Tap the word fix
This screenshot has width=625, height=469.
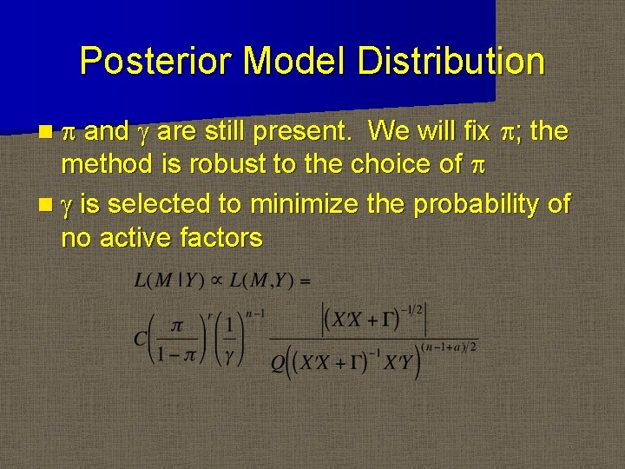coord(477,132)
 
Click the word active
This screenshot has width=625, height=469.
coord(138,237)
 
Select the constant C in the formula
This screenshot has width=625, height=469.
coord(140,338)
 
